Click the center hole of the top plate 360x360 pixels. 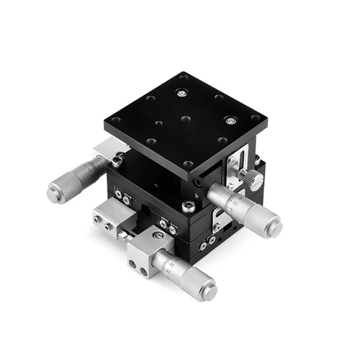pos(185,118)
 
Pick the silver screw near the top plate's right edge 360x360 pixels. pos(230,120)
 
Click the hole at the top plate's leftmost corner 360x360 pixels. pos(115,120)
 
